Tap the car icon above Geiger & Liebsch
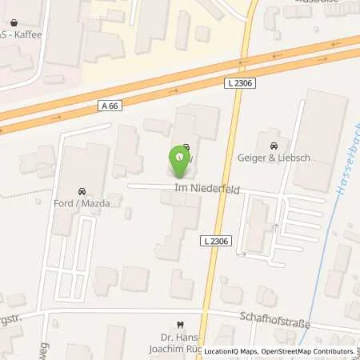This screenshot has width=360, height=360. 274,147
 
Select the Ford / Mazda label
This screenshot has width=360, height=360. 82,203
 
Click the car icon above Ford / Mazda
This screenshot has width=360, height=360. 82,192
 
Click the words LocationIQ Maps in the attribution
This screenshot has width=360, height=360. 229,351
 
